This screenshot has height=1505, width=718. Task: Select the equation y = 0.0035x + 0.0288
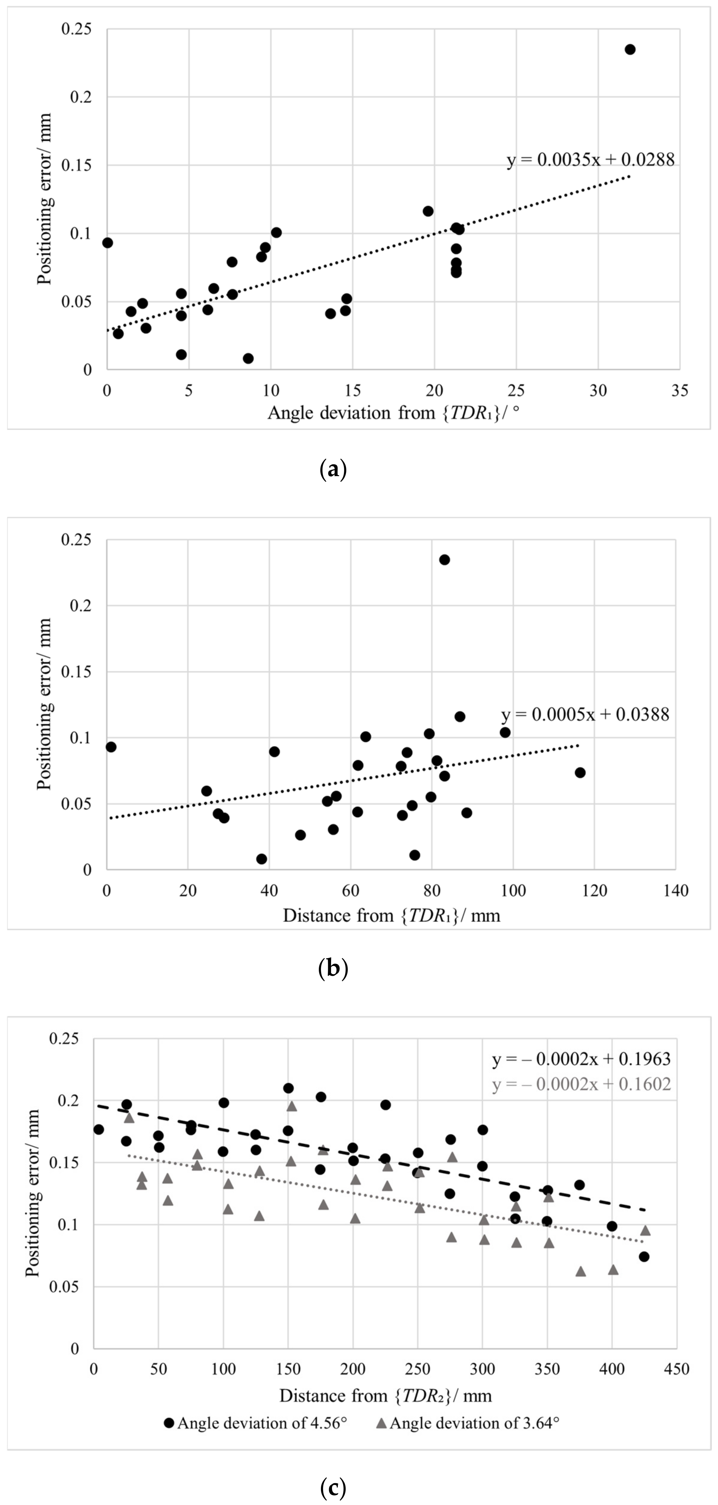(590, 159)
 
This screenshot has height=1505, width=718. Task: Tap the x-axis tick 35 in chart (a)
(679, 390)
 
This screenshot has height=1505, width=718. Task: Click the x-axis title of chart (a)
(393, 413)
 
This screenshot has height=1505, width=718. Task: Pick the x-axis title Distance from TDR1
(391, 915)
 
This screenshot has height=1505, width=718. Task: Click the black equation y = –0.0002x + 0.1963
(581, 1059)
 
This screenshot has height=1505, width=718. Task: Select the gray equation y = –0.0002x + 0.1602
(581, 1084)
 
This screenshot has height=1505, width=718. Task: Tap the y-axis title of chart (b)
(44, 704)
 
